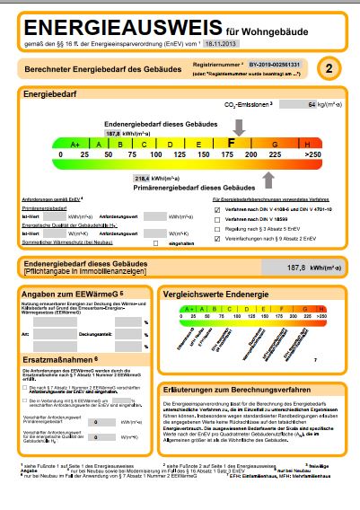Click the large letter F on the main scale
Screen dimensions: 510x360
point(232,143)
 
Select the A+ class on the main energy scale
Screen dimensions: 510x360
point(75,144)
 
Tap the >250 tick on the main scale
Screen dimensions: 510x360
point(312,155)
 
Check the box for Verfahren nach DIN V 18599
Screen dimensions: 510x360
point(218,219)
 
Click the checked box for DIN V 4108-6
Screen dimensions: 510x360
point(218,209)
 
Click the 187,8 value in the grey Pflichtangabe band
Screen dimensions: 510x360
point(295,267)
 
